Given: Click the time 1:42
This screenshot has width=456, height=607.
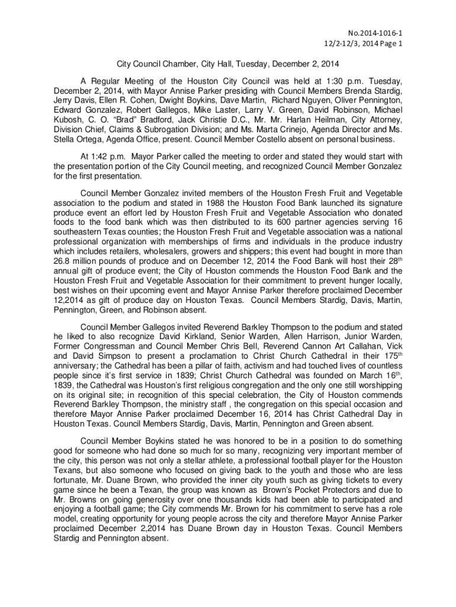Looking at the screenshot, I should coord(101,156).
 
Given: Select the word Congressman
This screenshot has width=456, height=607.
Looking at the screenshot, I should coord(112,346).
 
